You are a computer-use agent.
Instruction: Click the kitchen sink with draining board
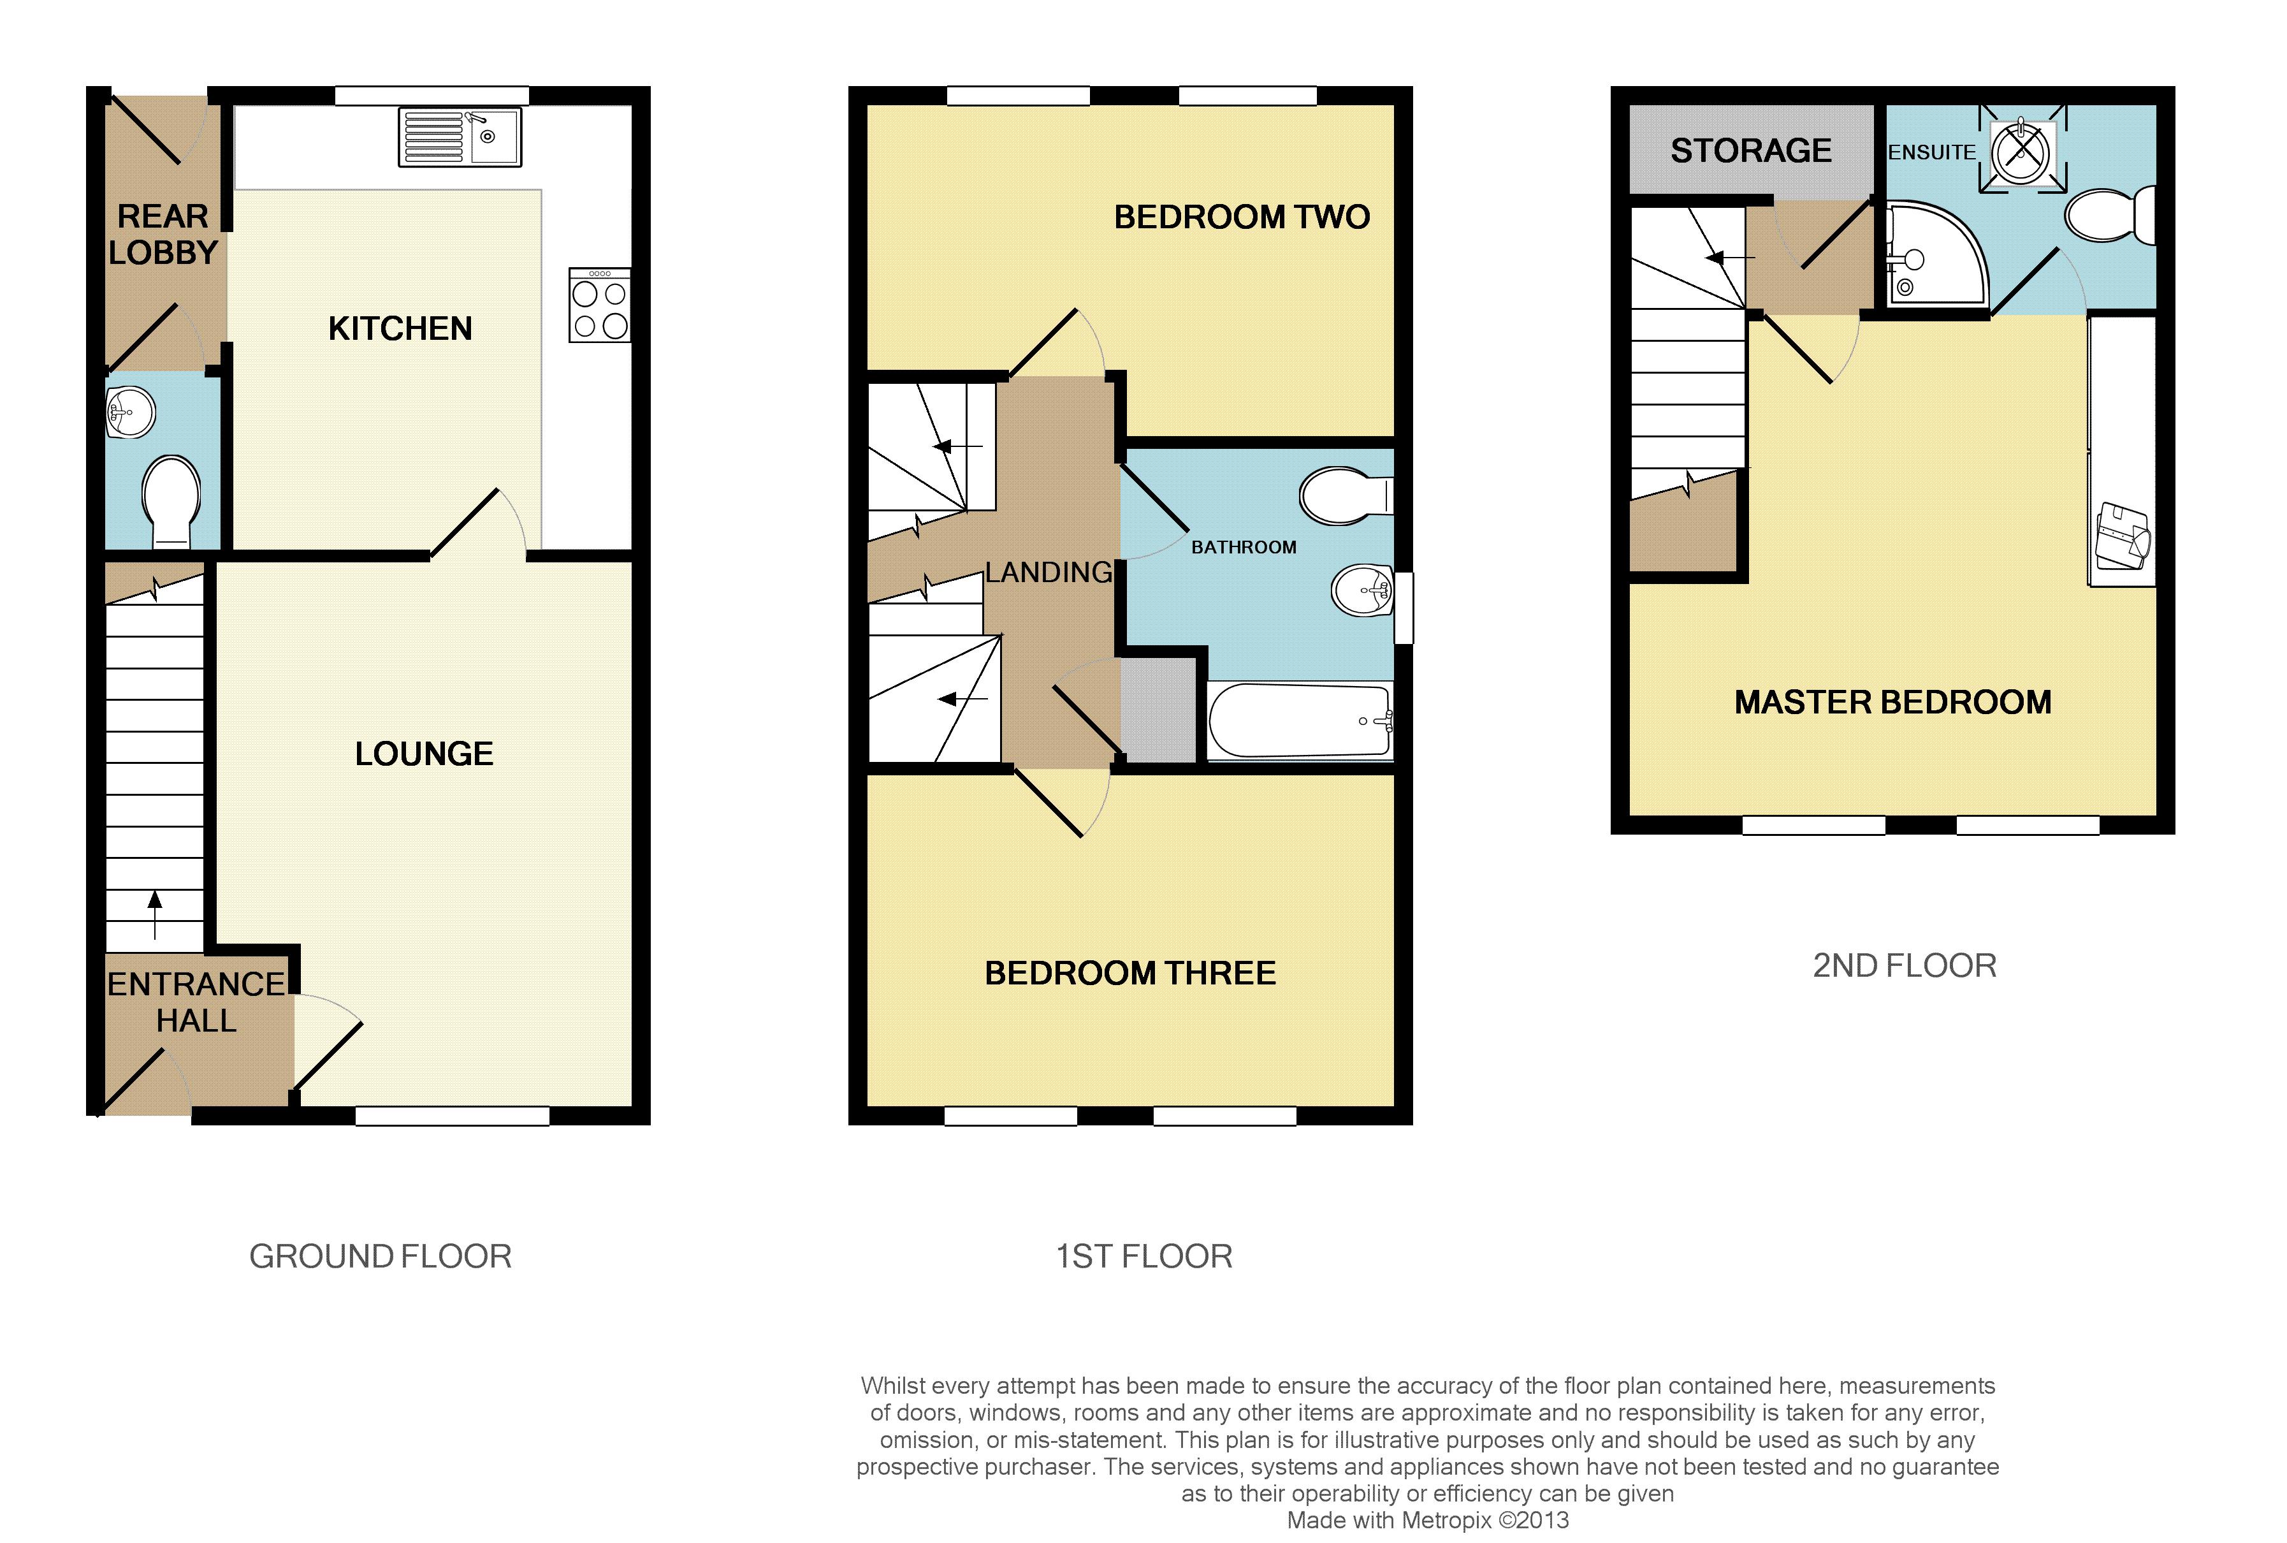point(460,137)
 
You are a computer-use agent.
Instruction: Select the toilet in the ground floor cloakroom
point(171,501)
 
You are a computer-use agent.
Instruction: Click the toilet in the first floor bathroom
point(1346,495)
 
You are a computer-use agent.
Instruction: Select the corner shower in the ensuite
point(1932,255)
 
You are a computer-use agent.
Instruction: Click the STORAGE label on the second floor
point(1751,150)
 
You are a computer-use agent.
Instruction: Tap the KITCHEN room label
point(400,328)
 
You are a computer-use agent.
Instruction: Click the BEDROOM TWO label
point(1242,217)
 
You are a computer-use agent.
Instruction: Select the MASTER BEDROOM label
point(1892,703)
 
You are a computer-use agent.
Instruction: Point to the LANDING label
point(1049,572)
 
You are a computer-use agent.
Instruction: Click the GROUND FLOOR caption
point(380,1257)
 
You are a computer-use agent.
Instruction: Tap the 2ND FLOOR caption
point(1905,965)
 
